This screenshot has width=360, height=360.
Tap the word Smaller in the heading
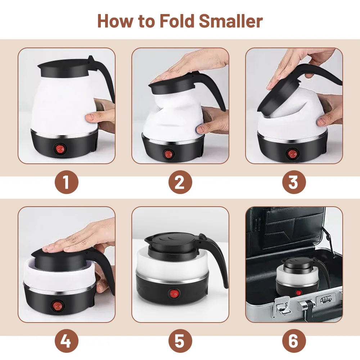click(x=231, y=21)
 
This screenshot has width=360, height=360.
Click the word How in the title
click(x=115, y=21)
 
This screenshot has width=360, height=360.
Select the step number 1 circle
click(x=66, y=182)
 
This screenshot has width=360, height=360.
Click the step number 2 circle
click(x=180, y=182)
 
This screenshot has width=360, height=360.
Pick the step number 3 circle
click(x=294, y=182)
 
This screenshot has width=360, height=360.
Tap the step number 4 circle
click(x=66, y=341)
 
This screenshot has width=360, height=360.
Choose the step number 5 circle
click(x=180, y=341)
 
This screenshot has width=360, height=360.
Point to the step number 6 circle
click(x=294, y=341)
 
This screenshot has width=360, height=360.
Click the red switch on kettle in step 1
click(x=59, y=149)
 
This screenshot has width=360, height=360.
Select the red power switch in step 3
click(x=292, y=154)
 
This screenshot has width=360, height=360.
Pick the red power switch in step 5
click(x=174, y=294)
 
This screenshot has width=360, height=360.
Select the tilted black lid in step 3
click(x=279, y=96)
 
